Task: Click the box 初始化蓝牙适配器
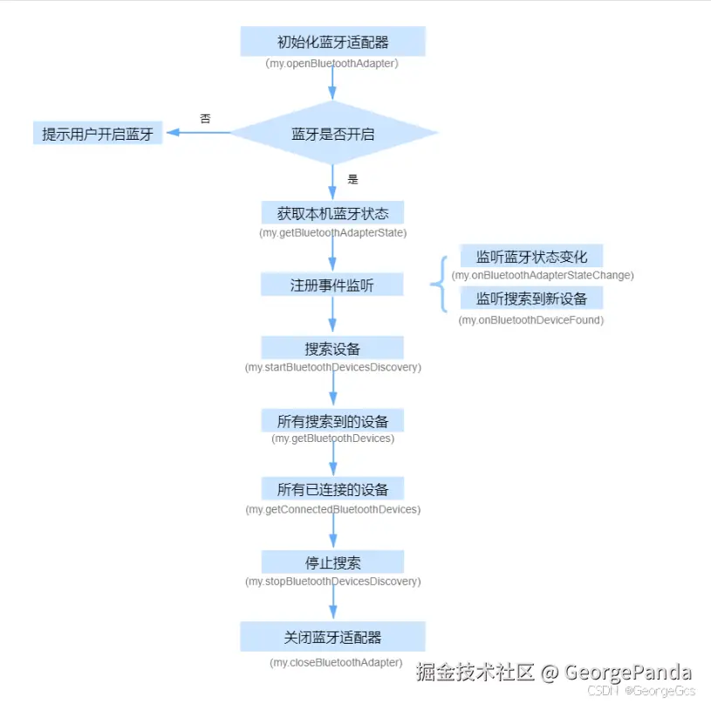(x=332, y=41)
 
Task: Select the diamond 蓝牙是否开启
(x=332, y=134)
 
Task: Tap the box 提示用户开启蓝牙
(x=98, y=134)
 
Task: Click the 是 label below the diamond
(x=353, y=179)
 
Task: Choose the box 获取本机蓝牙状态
(x=332, y=213)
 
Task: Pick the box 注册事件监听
(x=332, y=285)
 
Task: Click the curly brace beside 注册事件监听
(x=439, y=284)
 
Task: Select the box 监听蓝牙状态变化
(x=531, y=257)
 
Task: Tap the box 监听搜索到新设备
(x=531, y=299)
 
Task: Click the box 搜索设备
(x=332, y=349)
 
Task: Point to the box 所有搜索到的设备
(x=332, y=420)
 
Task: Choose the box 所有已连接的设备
(x=332, y=489)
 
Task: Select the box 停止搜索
(x=332, y=562)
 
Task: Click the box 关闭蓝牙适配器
(x=332, y=637)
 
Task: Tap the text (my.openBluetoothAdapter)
(x=332, y=64)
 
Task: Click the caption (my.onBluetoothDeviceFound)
(x=531, y=321)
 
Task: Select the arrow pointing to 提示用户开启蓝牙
(x=196, y=133)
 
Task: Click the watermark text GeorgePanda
(x=628, y=673)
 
